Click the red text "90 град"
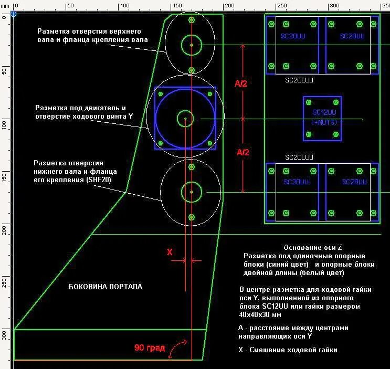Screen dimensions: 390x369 point(149,347)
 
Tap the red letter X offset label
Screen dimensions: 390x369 point(170,252)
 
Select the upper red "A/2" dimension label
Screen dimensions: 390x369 point(243,83)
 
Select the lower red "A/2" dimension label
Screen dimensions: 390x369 point(243,152)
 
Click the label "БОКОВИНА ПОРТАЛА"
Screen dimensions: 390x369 point(106,287)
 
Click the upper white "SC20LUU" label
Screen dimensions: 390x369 point(299,81)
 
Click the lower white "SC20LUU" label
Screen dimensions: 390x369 point(299,157)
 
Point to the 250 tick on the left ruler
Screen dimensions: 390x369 point(5,281)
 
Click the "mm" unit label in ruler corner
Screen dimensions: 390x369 point(5,5)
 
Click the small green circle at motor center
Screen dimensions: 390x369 point(185,119)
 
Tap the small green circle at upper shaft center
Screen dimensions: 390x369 point(192,45)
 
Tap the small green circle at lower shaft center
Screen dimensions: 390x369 point(192,192)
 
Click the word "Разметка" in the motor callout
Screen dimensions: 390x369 point(49,107)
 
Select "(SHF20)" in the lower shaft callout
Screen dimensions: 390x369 point(99,180)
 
